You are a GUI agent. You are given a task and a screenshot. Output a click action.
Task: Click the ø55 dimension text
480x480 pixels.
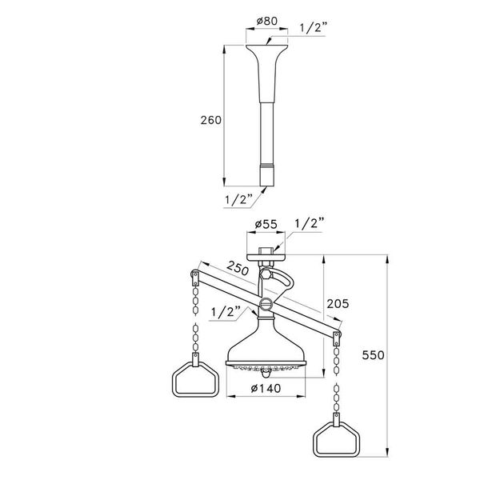(x=263, y=226)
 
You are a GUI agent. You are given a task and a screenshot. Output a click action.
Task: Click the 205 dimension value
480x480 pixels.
(x=335, y=304)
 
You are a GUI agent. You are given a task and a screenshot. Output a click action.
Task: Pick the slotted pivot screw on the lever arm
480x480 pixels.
(x=266, y=304)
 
